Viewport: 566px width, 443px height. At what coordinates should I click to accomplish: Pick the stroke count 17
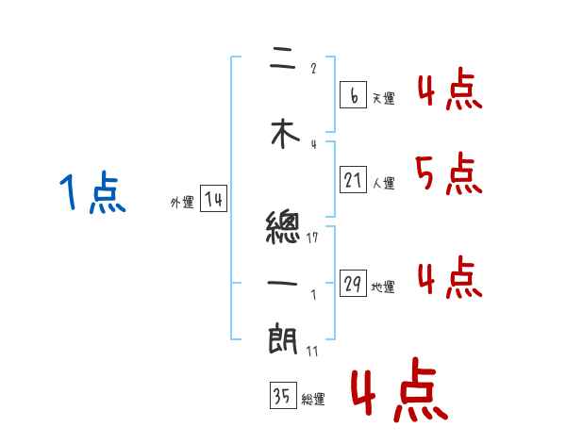pos(312,238)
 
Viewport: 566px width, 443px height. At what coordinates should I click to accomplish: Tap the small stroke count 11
pos(312,351)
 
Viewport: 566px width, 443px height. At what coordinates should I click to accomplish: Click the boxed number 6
pos(353,95)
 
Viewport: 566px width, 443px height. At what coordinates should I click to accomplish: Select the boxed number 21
pos(353,179)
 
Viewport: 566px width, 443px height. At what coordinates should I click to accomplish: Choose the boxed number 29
pos(353,284)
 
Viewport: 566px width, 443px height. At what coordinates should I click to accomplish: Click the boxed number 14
pos(213,199)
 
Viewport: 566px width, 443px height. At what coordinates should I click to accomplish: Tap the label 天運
pos(383,98)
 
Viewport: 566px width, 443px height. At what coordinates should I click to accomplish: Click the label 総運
pos(313,400)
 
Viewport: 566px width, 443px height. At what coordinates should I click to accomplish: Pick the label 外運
pos(182,202)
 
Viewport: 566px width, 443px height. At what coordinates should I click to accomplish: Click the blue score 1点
pos(92,193)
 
